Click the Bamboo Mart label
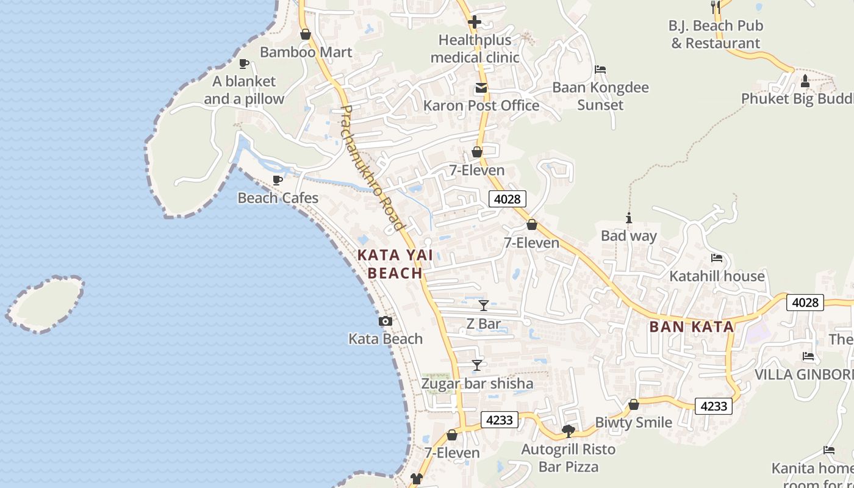(x=306, y=52)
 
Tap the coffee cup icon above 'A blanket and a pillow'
(x=244, y=63)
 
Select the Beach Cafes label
(x=278, y=198)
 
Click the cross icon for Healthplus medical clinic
(x=475, y=23)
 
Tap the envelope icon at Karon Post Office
(x=481, y=88)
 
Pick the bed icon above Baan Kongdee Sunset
(x=600, y=70)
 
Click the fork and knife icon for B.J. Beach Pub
(x=716, y=7)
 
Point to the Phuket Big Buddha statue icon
(x=805, y=81)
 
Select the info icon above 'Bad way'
(x=628, y=218)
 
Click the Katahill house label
(x=717, y=276)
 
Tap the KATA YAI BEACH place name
(x=395, y=264)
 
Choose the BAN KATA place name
(x=692, y=326)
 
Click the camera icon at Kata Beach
(x=386, y=321)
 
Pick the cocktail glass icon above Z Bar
(x=484, y=305)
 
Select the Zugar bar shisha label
(x=478, y=384)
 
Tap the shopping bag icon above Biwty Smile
(x=634, y=404)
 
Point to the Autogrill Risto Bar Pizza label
(x=569, y=458)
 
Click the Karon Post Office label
(x=481, y=106)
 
